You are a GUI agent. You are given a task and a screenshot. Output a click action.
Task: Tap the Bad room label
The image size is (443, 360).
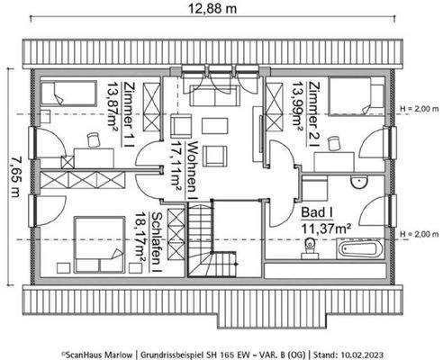point(319,214)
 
